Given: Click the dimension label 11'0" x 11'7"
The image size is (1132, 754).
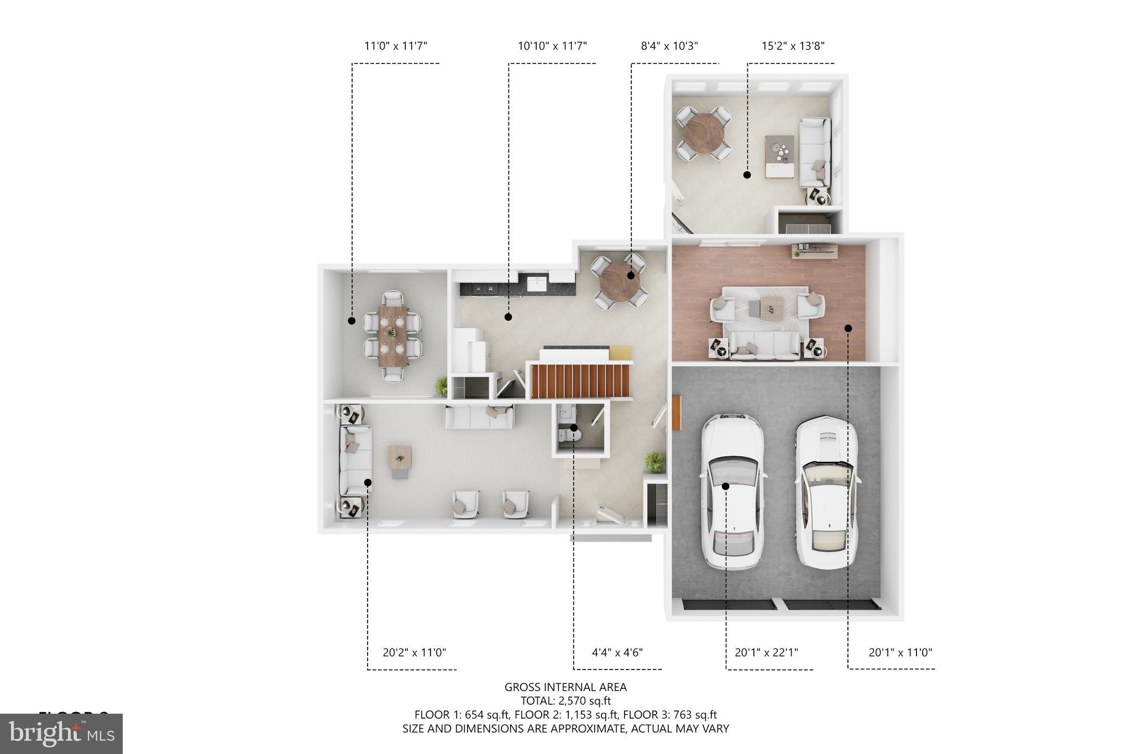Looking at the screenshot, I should (396, 46).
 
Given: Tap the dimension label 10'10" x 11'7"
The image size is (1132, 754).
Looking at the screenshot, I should (552, 46).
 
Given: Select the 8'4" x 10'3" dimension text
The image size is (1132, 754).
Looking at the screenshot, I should (669, 46).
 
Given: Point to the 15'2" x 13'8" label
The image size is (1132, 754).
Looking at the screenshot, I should (793, 46).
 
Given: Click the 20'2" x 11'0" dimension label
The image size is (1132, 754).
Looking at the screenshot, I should (414, 652).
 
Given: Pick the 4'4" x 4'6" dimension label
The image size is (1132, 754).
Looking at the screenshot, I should (617, 652).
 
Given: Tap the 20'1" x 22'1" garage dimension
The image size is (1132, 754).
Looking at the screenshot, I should (766, 652).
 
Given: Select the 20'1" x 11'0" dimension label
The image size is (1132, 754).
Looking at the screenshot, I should (900, 652).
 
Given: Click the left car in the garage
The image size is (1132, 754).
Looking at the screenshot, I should (732, 492).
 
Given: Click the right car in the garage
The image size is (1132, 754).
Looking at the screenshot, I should (827, 492).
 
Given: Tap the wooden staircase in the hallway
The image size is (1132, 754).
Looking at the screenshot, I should (580, 381).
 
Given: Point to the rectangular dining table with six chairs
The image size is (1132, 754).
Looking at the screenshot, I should (392, 336).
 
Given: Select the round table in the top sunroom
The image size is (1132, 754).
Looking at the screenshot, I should (704, 133).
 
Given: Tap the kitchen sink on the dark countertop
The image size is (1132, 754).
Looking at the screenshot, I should (536, 284).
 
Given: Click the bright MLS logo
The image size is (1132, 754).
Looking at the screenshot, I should (61, 734).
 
